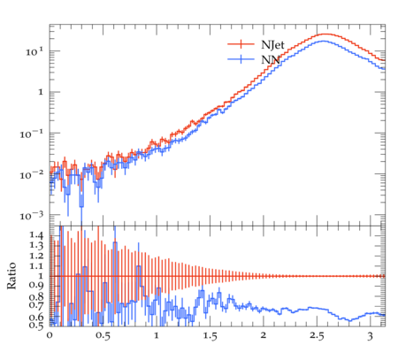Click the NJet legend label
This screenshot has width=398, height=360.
[x=272, y=45]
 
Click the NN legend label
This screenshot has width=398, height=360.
[x=271, y=60]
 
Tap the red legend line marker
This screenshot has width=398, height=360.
[x=241, y=44]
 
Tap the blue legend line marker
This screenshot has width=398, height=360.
[x=241, y=59]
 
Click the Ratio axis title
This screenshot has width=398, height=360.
[x=11, y=275]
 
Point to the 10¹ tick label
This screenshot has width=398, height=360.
[x=34, y=51]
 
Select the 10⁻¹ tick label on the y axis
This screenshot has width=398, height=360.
[x=32, y=134]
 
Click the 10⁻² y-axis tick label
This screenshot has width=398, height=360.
[x=32, y=175]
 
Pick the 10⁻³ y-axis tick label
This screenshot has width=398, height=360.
[x=32, y=216]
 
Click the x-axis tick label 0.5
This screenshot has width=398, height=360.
[x=103, y=336]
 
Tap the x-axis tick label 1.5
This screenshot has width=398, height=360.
[x=210, y=336]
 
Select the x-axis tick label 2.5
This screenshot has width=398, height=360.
[x=317, y=336]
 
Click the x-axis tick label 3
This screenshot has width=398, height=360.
[x=371, y=336]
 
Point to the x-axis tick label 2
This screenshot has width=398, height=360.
[x=264, y=335]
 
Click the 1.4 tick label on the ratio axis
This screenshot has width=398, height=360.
[x=36, y=235]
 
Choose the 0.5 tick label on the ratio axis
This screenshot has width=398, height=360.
[x=36, y=325]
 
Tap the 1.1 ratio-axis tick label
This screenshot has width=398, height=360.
[x=36, y=266]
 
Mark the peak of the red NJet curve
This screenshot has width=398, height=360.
[x=326, y=34]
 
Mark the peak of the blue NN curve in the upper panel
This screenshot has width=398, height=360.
[x=324, y=41]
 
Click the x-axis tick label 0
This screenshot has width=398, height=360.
[x=50, y=336]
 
